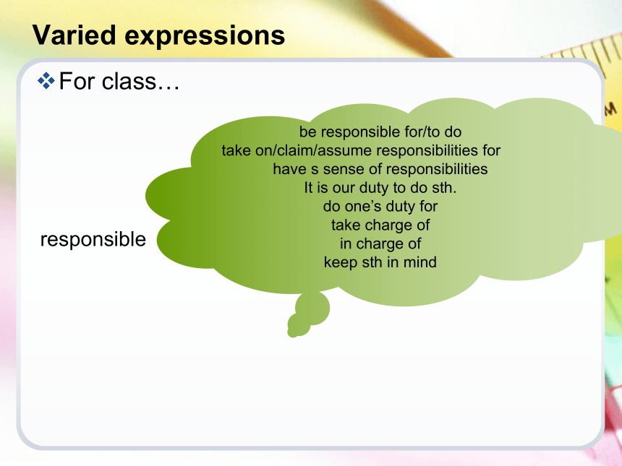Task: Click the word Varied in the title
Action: click(x=74, y=35)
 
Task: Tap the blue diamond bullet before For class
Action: click(x=46, y=81)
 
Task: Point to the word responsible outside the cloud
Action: click(x=93, y=239)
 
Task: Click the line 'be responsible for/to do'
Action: click(x=380, y=132)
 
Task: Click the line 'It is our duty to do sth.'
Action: click(x=380, y=187)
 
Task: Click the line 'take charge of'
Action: click(x=380, y=225)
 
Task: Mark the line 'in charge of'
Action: click(x=380, y=243)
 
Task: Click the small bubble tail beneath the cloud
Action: click(x=308, y=314)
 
